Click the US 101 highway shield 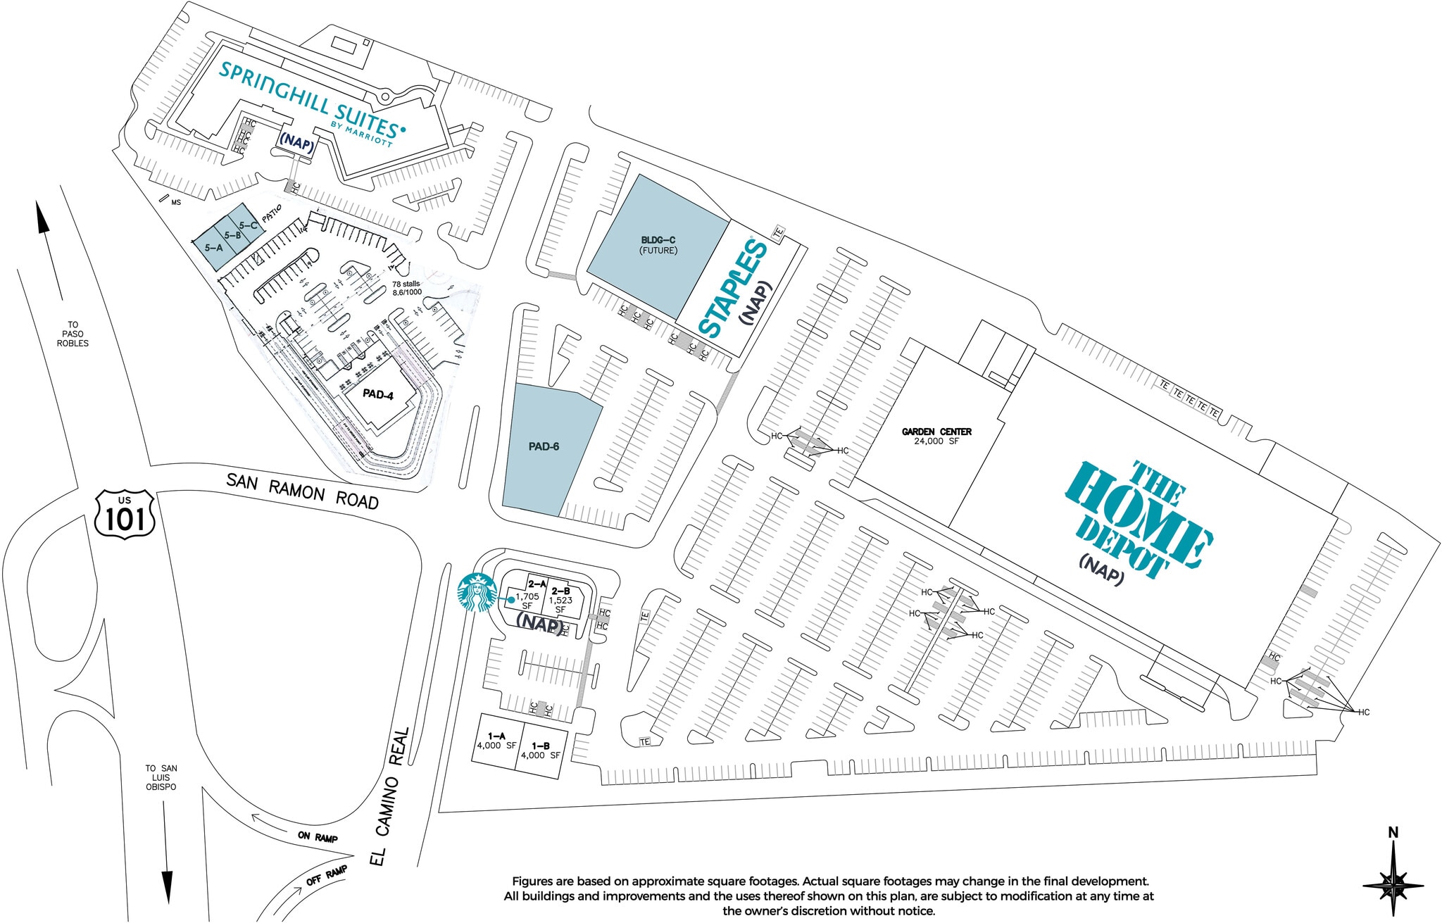tap(125, 515)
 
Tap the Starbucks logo tap(477, 592)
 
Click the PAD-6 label tap(544, 446)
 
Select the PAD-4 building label tap(378, 394)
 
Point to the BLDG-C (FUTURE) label tap(658, 245)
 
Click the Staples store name tap(732, 289)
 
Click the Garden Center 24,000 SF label tap(936, 436)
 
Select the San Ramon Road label tap(302, 491)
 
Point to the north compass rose tap(1393, 881)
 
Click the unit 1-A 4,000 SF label tap(496, 741)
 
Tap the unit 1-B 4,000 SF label tap(540, 751)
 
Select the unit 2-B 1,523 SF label tap(560, 600)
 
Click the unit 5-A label tap(213, 248)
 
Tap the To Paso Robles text tap(73, 334)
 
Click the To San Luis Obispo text tap(161, 777)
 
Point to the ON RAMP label tap(318, 836)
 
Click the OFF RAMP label tap(327, 876)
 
